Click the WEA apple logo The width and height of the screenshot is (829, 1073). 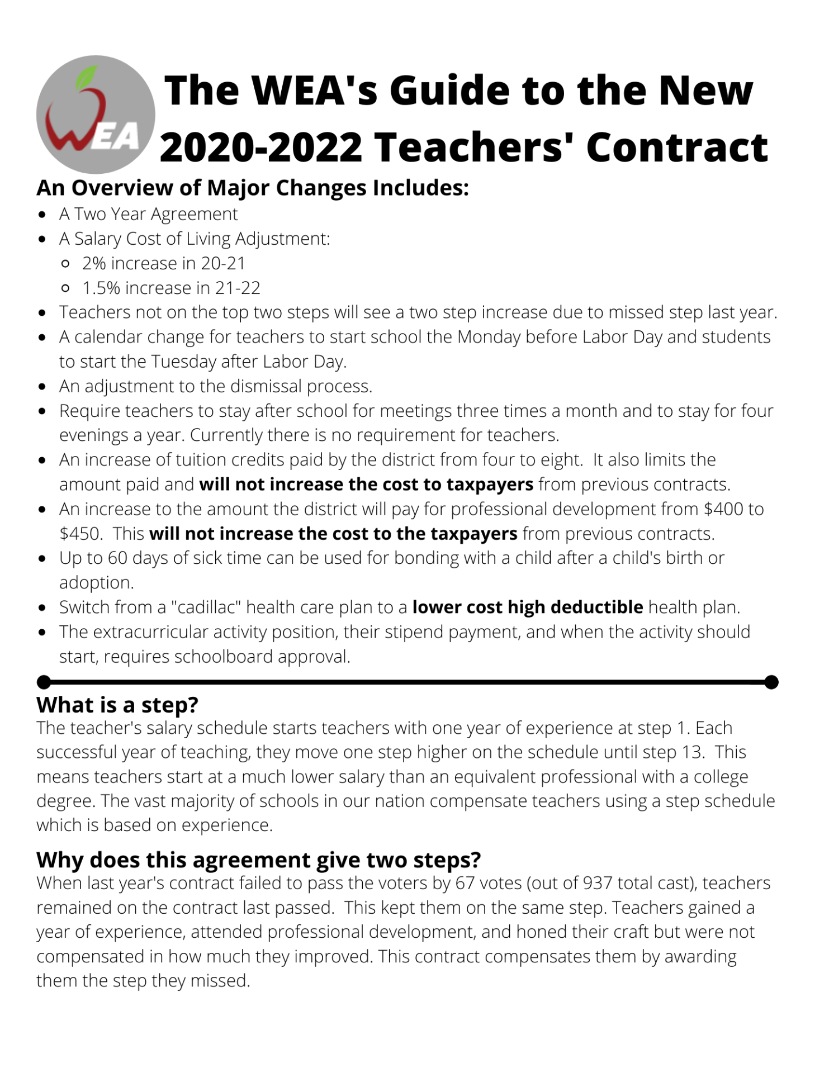96,114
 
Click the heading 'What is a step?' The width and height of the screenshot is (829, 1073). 117,705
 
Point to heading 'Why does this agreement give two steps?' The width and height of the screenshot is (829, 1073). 258,860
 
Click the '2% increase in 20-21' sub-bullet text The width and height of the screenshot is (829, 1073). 164,263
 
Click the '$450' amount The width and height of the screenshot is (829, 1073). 80,534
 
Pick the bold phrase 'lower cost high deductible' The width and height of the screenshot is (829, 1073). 527,607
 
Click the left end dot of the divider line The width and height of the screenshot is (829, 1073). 44,682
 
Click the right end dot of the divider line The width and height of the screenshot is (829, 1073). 771,682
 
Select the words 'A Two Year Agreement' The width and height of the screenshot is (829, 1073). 148,214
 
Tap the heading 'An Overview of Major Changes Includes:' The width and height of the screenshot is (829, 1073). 252,188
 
